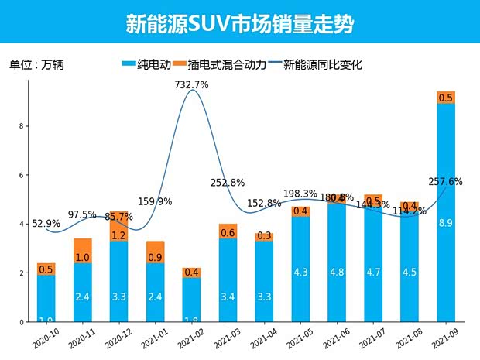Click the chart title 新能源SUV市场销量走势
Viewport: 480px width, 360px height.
[x=239, y=23]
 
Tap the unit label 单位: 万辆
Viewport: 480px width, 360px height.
[x=36, y=65]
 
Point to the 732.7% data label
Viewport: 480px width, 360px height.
[x=191, y=85]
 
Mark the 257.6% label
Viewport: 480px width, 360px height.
[x=445, y=182]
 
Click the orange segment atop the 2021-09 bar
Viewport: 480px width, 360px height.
[x=446, y=98]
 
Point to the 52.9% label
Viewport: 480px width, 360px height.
[x=46, y=224]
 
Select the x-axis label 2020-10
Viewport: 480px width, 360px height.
[x=44, y=340]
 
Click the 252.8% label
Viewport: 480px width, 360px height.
[x=228, y=183]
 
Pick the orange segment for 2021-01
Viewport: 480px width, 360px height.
[x=155, y=252]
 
